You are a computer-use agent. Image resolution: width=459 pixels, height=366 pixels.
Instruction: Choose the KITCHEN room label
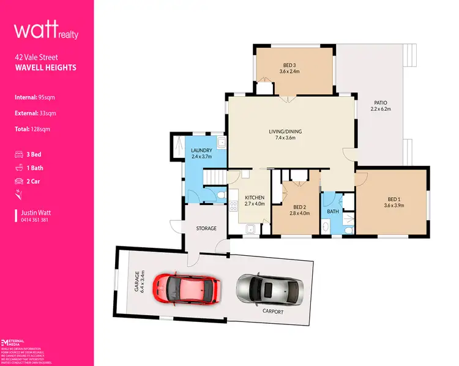[x=254, y=198]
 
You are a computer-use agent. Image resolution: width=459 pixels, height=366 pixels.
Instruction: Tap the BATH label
[x=333, y=212]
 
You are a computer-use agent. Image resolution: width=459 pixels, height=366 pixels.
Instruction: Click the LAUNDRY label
[x=201, y=151]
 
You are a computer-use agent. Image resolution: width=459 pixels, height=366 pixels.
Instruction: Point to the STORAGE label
[x=206, y=228]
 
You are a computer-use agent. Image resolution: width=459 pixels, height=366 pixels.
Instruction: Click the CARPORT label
[x=273, y=312]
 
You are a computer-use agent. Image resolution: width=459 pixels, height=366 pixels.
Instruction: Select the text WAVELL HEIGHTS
[x=46, y=68]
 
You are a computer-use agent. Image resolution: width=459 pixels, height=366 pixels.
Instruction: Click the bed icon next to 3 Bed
[x=19, y=154]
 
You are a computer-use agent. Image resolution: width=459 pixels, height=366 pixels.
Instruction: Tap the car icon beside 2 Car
[x=19, y=181]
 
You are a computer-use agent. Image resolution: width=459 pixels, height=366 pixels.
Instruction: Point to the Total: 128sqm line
[x=41, y=129]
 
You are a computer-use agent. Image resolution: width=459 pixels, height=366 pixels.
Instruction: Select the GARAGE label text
[x=140, y=282]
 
